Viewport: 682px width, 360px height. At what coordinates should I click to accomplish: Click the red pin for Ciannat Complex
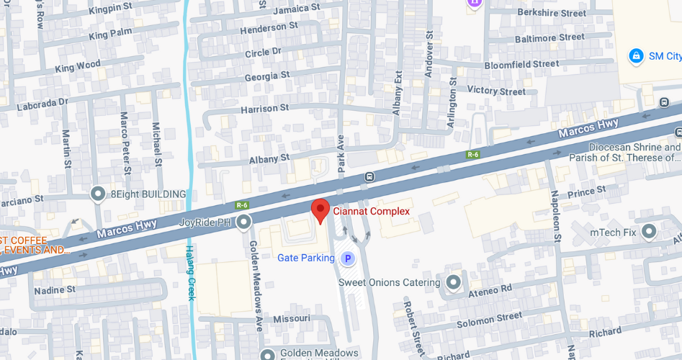pyautogui.click(x=320, y=210)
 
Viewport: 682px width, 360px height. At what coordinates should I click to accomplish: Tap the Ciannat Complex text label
pyautogui.click(x=370, y=212)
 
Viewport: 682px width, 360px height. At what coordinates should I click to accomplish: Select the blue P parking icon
pyautogui.click(x=348, y=258)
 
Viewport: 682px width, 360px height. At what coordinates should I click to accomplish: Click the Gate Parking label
pyautogui.click(x=306, y=258)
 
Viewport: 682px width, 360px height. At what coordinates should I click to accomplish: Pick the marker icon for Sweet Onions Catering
pyautogui.click(x=454, y=282)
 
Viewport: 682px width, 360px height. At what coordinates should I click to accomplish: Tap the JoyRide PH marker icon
pyautogui.click(x=244, y=222)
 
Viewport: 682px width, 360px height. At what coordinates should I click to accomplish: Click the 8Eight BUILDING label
pyautogui.click(x=148, y=194)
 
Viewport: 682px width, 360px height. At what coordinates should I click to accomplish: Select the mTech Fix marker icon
pyautogui.click(x=649, y=232)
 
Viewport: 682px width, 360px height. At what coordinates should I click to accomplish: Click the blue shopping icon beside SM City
pyautogui.click(x=636, y=55)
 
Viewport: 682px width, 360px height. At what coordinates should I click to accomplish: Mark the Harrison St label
pyautogui.click(x=264, y=108)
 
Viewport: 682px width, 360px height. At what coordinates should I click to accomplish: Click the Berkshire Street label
pyautogui.click(x=552, y=13)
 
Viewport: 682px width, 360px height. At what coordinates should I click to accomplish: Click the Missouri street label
pyautogui.click(x=292, y=318)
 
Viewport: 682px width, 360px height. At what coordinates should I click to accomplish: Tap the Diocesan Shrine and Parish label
pyautogui.click(x=624, y=152)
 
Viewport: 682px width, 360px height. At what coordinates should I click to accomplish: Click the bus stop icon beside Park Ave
pyautogui.click(x=369, y=176)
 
